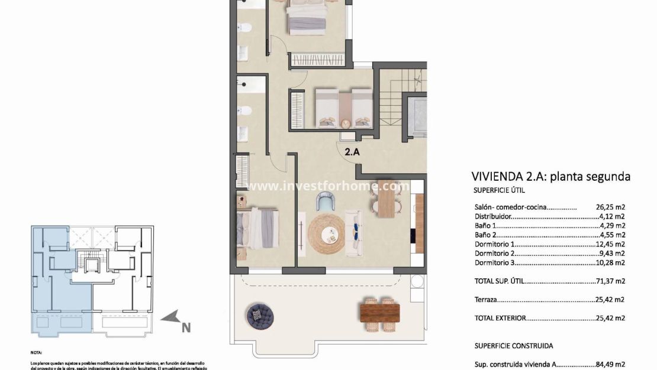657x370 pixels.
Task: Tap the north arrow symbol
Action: tap(176, 320)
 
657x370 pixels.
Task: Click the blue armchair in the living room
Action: tap(326, 203)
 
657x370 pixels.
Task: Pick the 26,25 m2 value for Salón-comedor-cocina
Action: tap(610, 207)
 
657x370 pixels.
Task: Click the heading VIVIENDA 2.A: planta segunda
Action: tap(550, 176)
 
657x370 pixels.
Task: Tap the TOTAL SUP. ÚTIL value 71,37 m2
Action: tap(610, 282)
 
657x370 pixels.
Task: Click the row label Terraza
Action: tap(487, 300)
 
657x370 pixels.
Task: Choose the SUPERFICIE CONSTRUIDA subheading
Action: tap(514, 345)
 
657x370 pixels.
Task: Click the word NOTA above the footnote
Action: tap(37, 351)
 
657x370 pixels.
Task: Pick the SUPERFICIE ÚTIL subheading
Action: tap(500, 191)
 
